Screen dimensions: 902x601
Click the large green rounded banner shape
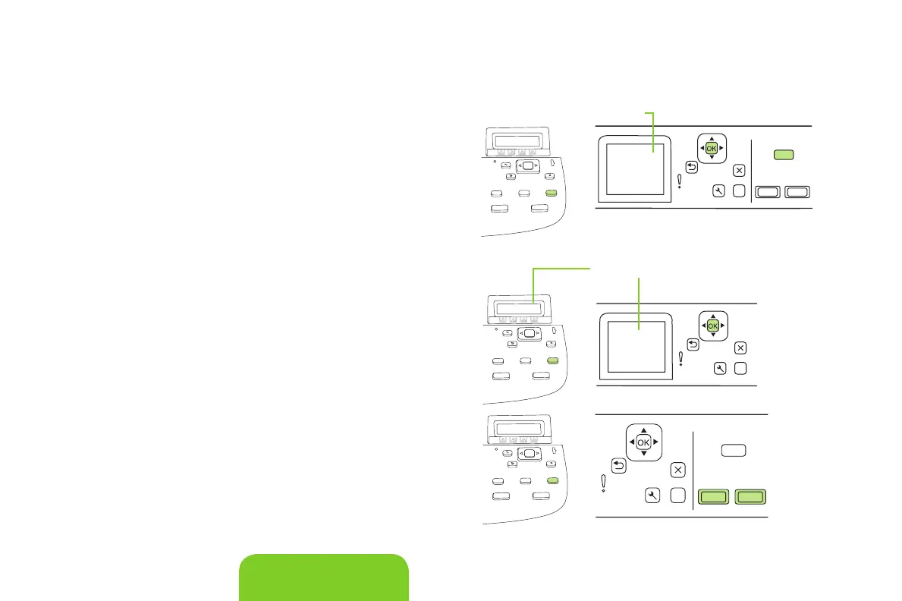324,577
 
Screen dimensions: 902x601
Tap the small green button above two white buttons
784,155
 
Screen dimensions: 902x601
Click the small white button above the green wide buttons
734,451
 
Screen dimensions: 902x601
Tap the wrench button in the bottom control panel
652,496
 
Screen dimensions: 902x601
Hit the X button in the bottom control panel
678,470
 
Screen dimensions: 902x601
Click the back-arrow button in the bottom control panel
618,464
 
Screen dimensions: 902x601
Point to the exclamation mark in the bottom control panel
604,483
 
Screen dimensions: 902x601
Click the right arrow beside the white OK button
656,441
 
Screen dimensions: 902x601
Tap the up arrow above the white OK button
643,430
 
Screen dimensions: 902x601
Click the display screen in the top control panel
630,169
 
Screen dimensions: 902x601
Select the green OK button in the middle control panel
712,326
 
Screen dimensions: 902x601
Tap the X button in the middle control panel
740,348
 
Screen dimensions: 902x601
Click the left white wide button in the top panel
768,192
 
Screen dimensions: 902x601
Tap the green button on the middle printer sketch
552,360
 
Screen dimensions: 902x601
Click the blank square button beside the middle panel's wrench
740,368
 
